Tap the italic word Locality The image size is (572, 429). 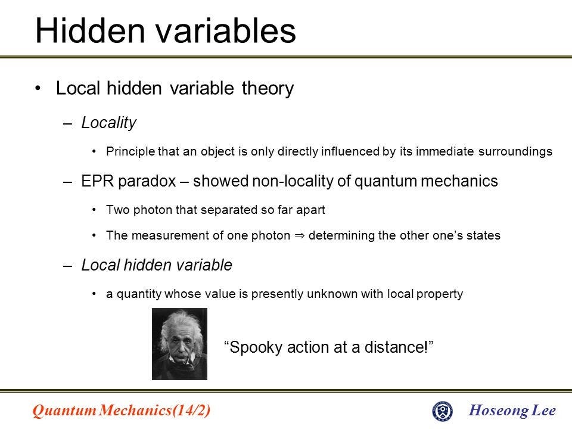[x=109, y=123]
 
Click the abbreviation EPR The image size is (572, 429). [x=97, y=182]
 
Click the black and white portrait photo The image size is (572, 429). [x=179, y=344]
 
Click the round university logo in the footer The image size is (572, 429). [x=442, y=411]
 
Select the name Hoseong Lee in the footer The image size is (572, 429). [x=513, y=411]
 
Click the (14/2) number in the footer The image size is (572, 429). [x=191, y=411]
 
